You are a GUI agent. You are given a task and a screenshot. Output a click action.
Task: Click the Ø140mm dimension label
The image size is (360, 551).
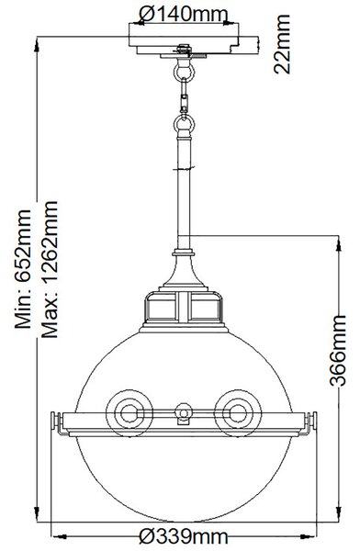[x=183, y=15]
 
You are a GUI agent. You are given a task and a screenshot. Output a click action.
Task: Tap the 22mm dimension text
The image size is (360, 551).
[x=282, y=44]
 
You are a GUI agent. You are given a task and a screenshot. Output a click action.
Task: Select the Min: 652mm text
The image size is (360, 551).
[x=23, y=269]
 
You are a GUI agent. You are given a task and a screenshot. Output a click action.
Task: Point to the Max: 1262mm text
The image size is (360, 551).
[x=50, y=269]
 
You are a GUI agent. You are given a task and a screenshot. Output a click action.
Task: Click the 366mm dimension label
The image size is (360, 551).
[x=338, y=351]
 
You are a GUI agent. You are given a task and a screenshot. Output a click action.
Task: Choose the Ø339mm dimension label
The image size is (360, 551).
[x=183, y=536]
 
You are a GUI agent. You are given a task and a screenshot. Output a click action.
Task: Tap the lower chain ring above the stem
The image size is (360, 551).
[x=184, y=124]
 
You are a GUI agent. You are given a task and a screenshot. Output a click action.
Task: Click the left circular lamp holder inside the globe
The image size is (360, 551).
[x=129, y=413]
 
